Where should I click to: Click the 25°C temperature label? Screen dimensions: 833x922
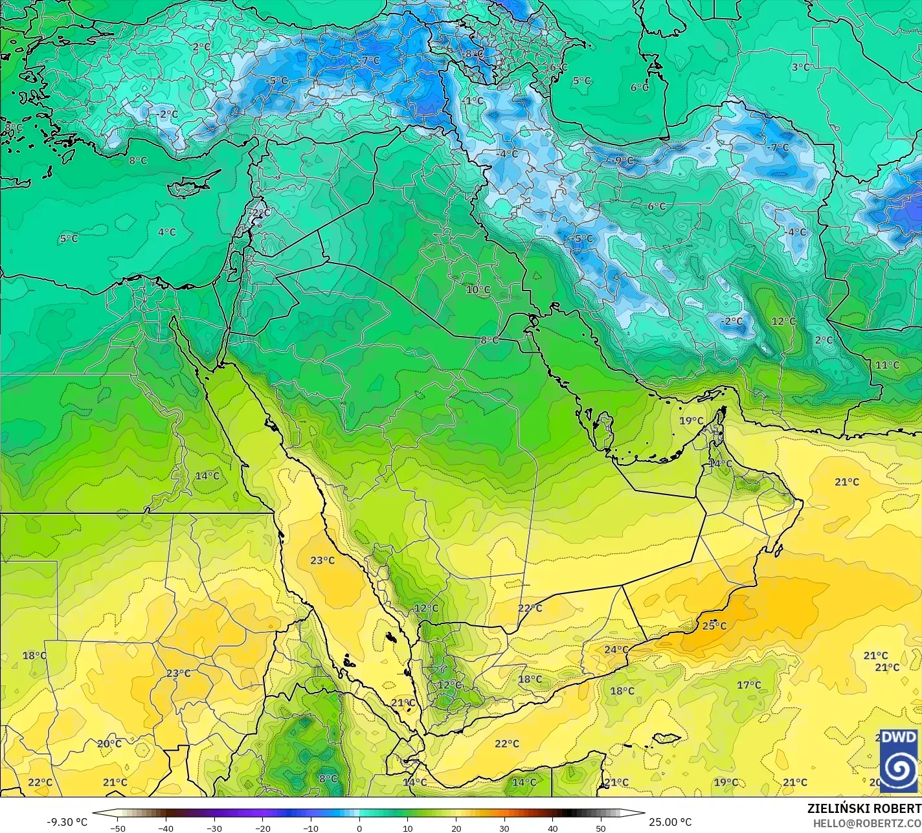[714, 626]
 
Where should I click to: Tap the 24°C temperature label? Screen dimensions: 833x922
[616, 650]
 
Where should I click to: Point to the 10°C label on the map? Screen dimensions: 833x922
[478, 289]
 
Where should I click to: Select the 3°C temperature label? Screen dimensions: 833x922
[800, 67]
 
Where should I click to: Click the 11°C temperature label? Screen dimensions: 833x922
[887, 365]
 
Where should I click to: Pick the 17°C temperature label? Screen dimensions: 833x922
[748, 685]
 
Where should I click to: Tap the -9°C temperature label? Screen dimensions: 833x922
[624, 161]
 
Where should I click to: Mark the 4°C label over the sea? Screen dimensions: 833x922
[166, 232]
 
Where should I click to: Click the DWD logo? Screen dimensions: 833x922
[899, 760]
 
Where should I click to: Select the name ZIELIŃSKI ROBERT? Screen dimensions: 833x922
[864, 808]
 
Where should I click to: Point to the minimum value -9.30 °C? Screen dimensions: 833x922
[67, 822]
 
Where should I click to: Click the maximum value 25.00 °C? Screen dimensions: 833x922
[670, 822]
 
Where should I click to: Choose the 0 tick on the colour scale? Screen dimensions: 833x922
[359, 828]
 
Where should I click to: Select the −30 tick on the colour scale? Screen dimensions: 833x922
[214, 828]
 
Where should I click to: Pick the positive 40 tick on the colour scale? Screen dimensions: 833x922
[552, 828]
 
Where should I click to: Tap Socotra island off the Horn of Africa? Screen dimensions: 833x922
[666, 738]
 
